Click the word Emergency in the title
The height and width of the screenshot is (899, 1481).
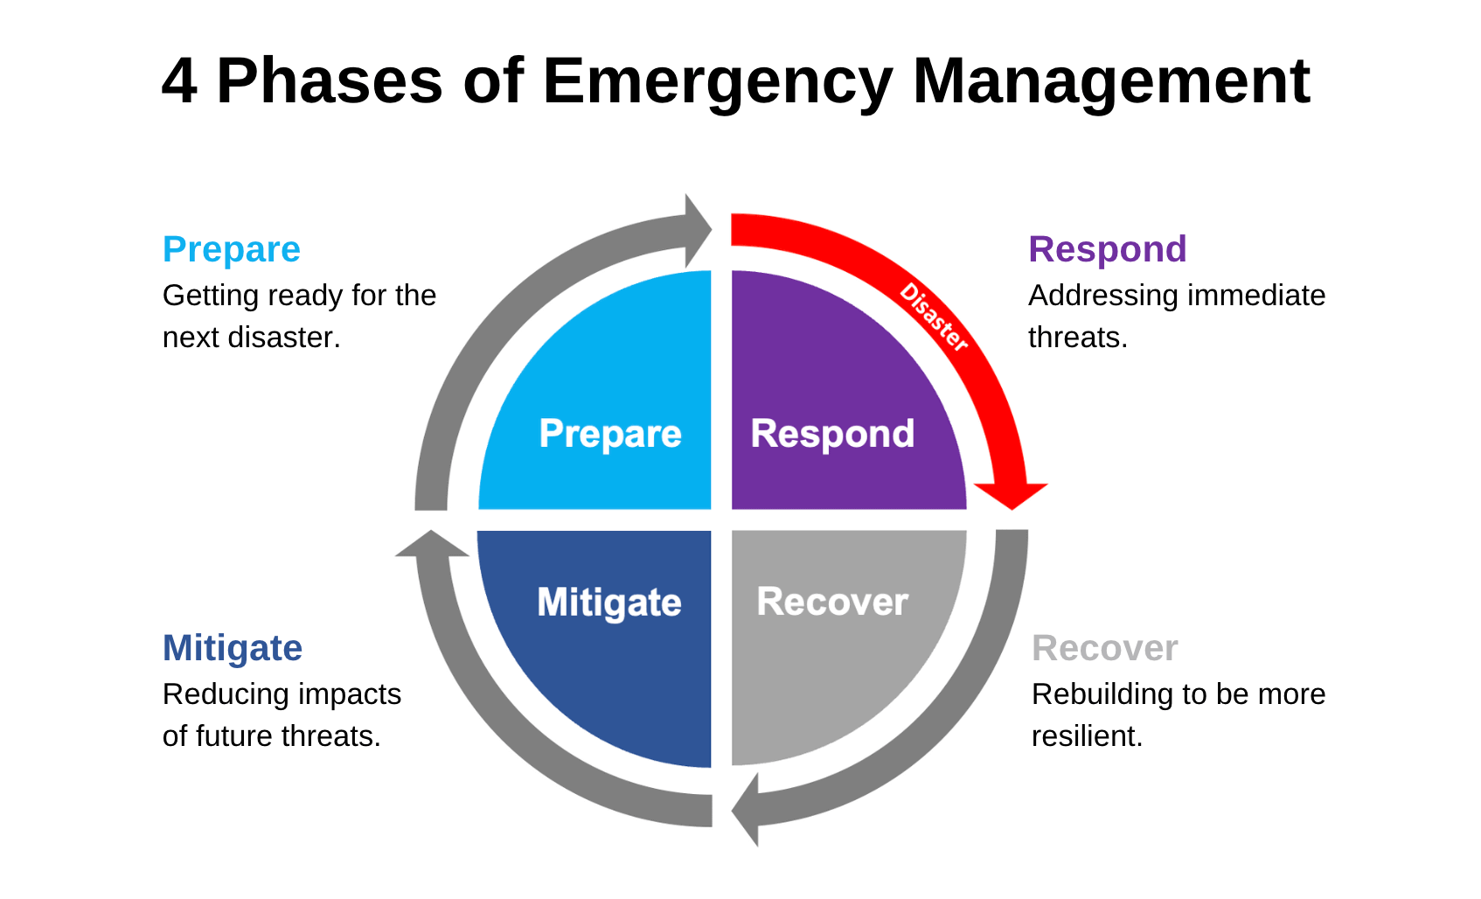[x=717, y=82]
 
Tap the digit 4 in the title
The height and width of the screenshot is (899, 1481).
[x=178, y=82]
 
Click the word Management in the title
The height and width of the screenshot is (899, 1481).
[x=1110, y=82]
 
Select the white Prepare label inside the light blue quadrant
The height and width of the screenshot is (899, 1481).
[x=610, y=434]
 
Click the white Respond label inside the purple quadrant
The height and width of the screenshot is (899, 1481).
[x=832, y=434]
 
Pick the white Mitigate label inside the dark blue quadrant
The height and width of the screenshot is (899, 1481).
[x=609, y=603]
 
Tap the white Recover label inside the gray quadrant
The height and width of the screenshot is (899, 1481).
[x=832, y=602]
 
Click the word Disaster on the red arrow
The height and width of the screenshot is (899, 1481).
[x=935, y=317]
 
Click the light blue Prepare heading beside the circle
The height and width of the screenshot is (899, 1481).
[x=232, y=249]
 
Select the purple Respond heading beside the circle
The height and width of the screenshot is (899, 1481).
[x=1107, y=249]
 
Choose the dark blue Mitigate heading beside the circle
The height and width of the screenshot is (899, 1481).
[x=233, y=648]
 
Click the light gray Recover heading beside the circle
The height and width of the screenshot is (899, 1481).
[x=1105, y=648]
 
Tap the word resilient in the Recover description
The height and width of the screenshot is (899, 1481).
[x=1087, y=736]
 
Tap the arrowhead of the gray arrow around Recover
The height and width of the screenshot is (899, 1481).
[x=746, y=810]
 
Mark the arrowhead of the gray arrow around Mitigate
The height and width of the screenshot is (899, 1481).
[x=431, y=545]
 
